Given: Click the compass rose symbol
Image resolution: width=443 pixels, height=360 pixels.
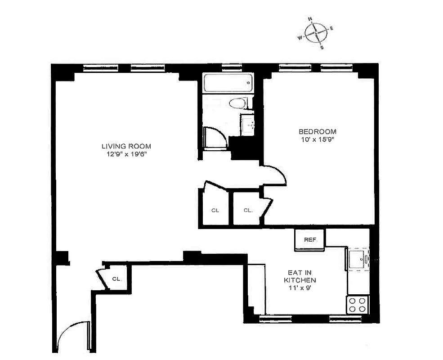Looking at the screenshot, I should point(316,33).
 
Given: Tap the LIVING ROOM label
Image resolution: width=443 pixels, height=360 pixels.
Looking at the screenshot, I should point(126,146).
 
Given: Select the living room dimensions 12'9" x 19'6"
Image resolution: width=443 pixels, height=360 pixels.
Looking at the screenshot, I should point(126,154).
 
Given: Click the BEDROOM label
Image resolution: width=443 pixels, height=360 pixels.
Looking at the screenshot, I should point(318,131).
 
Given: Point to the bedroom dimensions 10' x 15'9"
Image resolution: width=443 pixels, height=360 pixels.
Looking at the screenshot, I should point(318,139).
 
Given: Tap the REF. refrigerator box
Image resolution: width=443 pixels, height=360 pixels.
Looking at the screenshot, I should point(309,240).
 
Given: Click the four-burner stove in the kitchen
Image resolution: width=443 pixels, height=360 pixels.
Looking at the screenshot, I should point(358,305).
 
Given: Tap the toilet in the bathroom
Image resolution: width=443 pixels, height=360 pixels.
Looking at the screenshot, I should point(238,104).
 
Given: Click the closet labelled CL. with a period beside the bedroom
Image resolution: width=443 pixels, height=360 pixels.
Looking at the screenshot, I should point(248,210).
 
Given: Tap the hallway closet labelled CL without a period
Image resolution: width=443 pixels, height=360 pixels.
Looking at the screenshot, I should point(215,210).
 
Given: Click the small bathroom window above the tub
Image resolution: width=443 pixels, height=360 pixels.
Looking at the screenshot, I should point(232,67).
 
